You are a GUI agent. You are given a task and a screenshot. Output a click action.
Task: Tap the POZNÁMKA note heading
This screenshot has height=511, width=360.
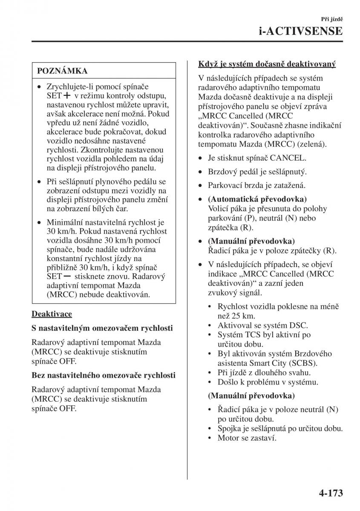click(x=62, y=71)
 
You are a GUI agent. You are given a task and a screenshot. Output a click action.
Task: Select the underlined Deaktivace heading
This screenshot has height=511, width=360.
click(x=52, y=314)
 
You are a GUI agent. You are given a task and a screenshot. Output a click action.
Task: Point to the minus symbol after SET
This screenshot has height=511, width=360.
click(x=66, y=276)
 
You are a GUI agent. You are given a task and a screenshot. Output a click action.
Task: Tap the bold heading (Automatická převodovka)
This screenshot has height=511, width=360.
click(x=257, y=199)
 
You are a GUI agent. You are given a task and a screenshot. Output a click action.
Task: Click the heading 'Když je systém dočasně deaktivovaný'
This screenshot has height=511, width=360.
click(x=267, y=64)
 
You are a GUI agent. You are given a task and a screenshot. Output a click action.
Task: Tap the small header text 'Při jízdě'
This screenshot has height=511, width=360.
click(x=332, y=19)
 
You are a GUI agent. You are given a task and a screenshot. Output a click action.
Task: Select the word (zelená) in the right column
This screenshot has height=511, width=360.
click(x=311, y=144)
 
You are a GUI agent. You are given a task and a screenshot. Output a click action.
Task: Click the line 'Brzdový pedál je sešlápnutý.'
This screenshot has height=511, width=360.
click(x=257, y=172)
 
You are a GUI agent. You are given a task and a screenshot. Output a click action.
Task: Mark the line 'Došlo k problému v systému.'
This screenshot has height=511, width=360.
click(x=268, y=382)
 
